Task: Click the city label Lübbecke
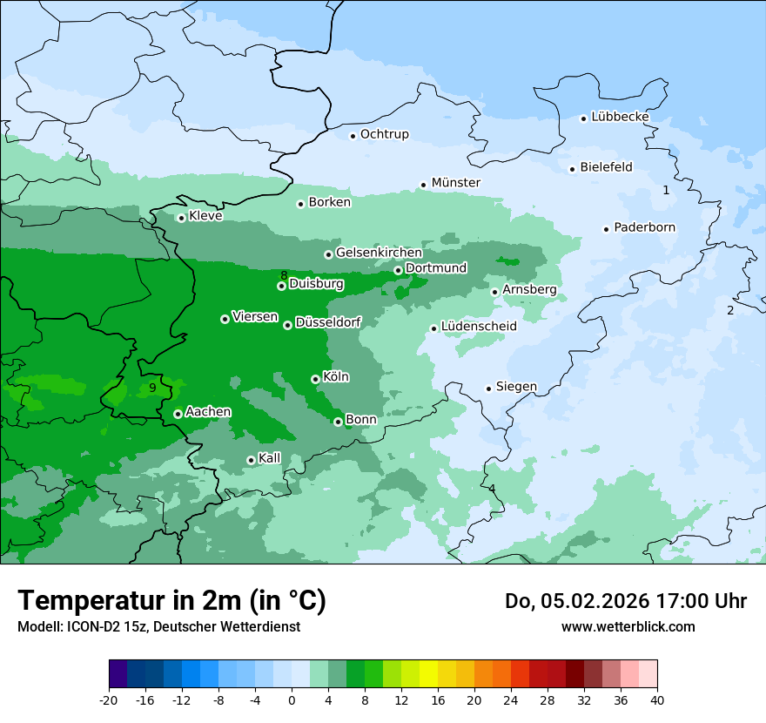(x=620, y=117)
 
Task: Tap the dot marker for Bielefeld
(x=573, y=169)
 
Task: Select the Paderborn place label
(x=644, y=227)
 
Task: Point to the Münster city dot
(x=424, y=185)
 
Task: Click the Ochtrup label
(x=384, y=134)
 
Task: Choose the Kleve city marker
(x=181, y=218)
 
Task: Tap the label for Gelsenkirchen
(x=379, y=253)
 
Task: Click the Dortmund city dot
(x=398, y=270)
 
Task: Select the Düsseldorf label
(x=328, y=322)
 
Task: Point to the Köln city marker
(x=315, y=379)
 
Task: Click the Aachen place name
(x=208, y=411)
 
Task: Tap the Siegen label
(x=516, y=387)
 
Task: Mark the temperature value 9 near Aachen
(x=152, y=388)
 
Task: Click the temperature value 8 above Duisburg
(x=284, y=275)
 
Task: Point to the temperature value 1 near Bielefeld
(x=666, y=190)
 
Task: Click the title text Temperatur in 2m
(x=171, y=601)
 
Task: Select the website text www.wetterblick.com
(x=628, y=626)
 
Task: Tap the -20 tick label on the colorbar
(x=109, y=699)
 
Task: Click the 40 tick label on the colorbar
(x=656, y=699)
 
